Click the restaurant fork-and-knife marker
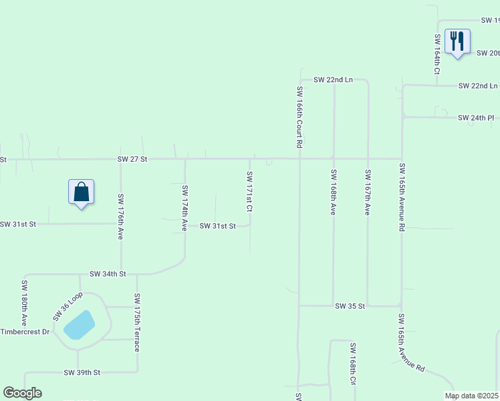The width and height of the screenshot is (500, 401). click(x=457, y=41)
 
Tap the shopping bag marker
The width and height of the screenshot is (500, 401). click(x=81, y=192)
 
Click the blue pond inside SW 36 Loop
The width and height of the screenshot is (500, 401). click(x=79, y=325)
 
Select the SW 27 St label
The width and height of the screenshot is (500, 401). click(x=132, y=159)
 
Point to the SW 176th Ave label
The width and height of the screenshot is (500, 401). click(x=121, y=217)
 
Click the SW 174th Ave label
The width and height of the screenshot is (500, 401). click(x=185, y=208)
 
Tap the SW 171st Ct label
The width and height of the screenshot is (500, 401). click(x=249, y=192)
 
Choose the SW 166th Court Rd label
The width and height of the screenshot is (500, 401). click(x=300, y=116)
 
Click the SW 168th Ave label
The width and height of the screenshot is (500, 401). click(x=333, y=192)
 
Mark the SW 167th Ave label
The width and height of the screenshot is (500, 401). click(x=367, y=192)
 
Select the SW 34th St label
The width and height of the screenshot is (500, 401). click(x=108, y=274)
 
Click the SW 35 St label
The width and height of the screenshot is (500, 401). click(x=350, y=306)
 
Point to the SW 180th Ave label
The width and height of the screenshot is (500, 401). click(x=23, y=307)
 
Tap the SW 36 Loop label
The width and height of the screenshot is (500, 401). click(x=68, y=306)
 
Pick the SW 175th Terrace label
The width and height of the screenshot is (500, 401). click(x=137, y=322)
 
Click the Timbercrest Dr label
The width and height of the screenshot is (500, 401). click(x=25, y=331)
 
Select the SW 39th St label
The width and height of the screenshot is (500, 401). click(x=82, y=372)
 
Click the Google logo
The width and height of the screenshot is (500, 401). click(x=23, y=393)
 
